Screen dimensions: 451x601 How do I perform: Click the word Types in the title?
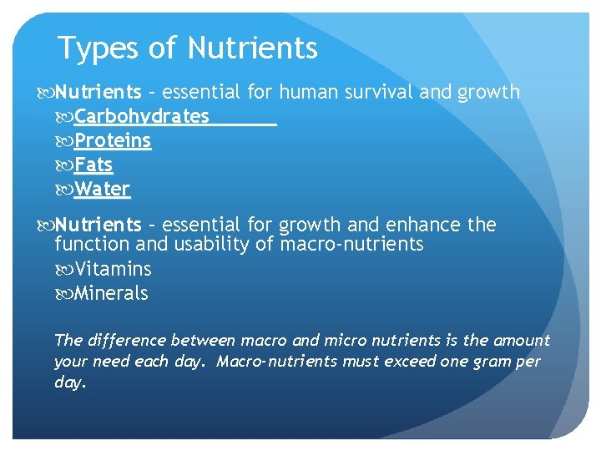(97, 48)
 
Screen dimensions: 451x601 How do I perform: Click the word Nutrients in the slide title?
(253, 48)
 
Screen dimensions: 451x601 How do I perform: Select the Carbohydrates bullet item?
(142, 116)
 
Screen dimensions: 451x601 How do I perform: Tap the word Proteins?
(113, 140)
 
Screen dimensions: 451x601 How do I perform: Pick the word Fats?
(93, 165)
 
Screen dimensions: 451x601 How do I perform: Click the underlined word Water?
(102, 189)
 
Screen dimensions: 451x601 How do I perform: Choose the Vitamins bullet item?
(113, 269)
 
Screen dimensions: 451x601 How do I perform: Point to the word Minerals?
(111, 293)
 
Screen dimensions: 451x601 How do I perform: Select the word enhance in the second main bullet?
(427, 225)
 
